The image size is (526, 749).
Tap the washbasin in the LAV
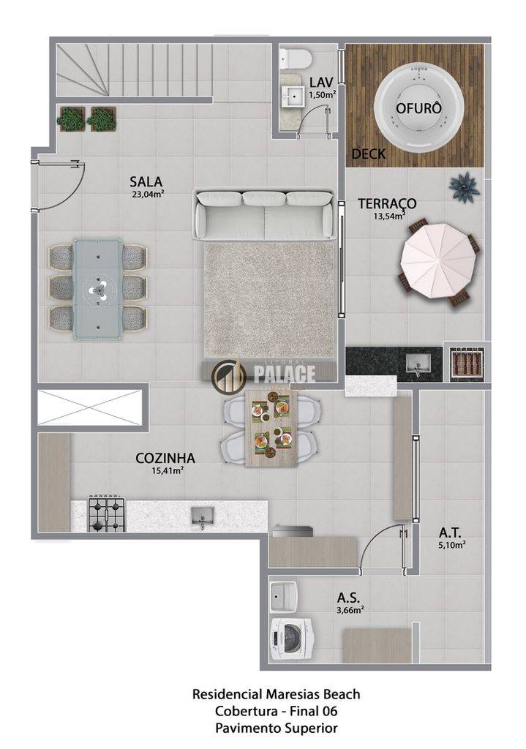point(293,96)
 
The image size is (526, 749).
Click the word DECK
point(369,154)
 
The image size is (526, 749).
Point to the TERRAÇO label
point(388,203)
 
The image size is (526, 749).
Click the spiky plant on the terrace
point(464,187)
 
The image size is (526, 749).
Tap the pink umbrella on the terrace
point(440,261)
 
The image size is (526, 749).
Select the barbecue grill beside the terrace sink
point(467,362)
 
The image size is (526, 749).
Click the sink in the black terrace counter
point(418,363)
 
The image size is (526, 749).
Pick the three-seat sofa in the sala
point(263,214)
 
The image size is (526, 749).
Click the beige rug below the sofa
point(270,299)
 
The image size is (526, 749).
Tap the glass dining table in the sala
point(97,289)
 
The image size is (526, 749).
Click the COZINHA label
point(165,458)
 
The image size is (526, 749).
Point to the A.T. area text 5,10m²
point(452,544)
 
